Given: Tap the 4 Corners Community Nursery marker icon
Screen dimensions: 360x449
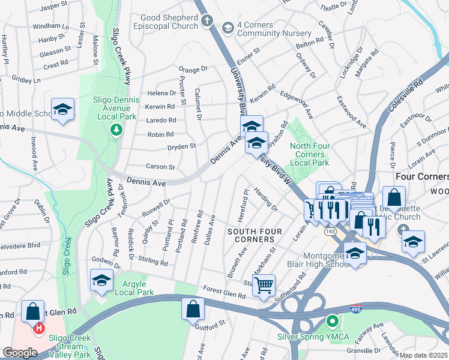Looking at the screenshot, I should (x=228, y=28).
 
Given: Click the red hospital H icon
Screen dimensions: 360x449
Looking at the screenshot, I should (x=39, y=328).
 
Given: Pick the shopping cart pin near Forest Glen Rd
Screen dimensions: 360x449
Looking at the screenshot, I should (x=264, y=286).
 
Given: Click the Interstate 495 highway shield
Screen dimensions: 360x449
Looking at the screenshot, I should (x=356, y=309).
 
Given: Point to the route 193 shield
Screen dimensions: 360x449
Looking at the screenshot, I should (x=331, y=230).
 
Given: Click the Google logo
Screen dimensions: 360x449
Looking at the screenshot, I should (x=20, y=352).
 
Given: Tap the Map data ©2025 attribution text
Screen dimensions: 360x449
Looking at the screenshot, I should (x=423, y=355).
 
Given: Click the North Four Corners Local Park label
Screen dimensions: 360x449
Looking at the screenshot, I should (x=310, y=154).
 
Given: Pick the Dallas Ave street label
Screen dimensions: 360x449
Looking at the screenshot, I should (x=210, y=230).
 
